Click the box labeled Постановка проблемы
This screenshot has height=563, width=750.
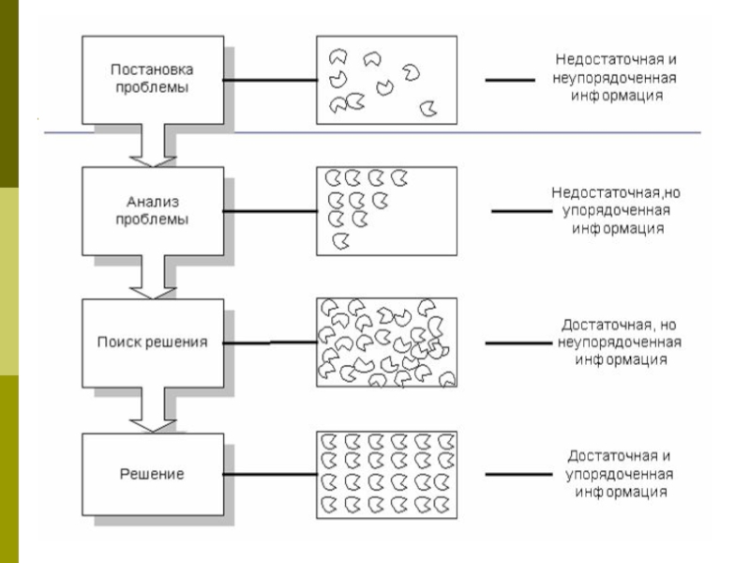[x=154, y=79]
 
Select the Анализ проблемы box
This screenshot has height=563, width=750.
[x=154, y=210]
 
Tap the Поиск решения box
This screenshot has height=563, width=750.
[x=154, y=342]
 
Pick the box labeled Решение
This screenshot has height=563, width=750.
[x=154, y=474]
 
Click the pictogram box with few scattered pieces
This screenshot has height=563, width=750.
[x=386, y=80]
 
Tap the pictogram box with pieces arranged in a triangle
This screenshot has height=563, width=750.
[x=386, y=210]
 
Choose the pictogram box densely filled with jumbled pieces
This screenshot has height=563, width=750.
[x=386, y=342]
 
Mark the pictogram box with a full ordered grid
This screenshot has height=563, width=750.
[x=386, y=474]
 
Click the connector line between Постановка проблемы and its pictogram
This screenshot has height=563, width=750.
[x=270, y=80]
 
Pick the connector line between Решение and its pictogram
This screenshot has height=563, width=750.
[x=270, y=476]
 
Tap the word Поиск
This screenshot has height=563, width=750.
[x=117, y=342]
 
